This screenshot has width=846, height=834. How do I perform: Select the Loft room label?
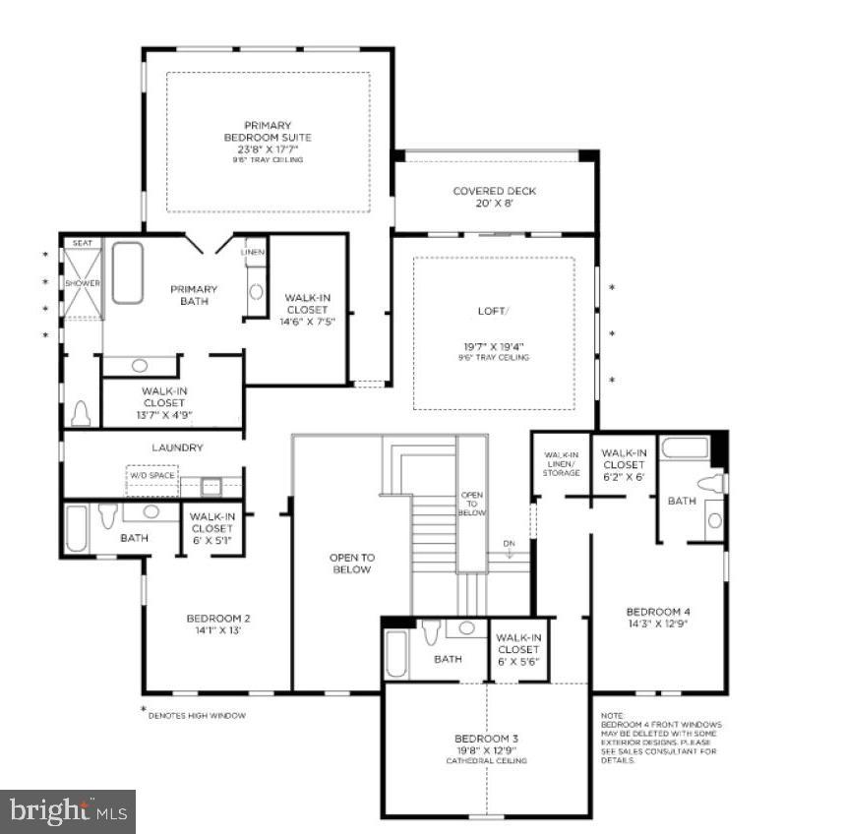494,333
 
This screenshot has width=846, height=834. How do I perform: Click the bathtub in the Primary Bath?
127,272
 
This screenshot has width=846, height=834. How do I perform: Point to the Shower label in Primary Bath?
83,283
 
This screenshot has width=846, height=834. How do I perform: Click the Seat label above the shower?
83,242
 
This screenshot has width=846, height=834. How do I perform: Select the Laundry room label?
177,447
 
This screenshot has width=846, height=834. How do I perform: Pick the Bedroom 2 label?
217,624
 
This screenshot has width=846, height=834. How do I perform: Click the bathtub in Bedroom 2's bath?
76,528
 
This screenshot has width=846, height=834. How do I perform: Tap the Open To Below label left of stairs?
351,564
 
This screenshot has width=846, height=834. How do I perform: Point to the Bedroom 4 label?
658,615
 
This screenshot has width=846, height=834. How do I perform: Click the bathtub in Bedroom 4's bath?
684,447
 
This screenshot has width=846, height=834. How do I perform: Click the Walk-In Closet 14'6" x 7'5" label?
307,309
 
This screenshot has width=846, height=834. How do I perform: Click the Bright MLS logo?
68,811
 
